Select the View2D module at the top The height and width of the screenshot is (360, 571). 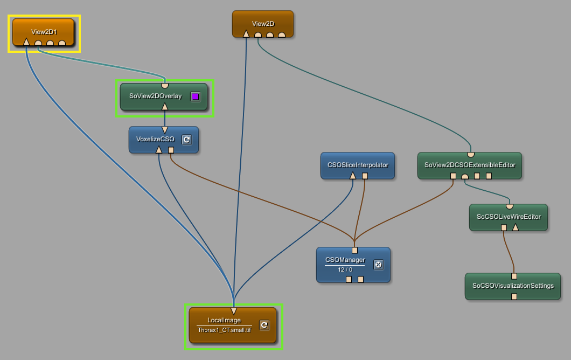coord(263,24)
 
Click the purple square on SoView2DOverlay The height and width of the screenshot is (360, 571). coord(196,96)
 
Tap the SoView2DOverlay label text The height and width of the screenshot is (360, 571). coord(156,96)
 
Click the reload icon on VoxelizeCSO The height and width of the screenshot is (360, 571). coord(187,140)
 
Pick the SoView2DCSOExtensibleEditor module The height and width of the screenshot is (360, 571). coord(470,165)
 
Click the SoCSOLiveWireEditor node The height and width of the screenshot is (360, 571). coord(509,217)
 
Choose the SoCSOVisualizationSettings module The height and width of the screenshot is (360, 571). coord(513,286)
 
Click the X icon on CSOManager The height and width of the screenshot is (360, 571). coord(378,265)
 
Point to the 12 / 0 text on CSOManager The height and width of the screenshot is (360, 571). coord(345,269)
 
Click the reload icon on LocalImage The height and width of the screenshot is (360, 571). coord(264,325)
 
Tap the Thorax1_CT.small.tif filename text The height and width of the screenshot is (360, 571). coord(224,330)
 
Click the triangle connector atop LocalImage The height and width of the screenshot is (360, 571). coord(233,310)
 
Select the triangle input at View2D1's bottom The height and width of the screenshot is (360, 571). coord(26,41)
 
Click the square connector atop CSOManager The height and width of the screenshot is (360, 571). coord(354,250)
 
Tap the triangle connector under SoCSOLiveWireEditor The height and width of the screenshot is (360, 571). coord(515,227)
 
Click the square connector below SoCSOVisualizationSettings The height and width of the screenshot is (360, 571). coord(514,296)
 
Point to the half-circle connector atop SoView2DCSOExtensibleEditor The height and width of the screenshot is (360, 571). coord(470,155)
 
